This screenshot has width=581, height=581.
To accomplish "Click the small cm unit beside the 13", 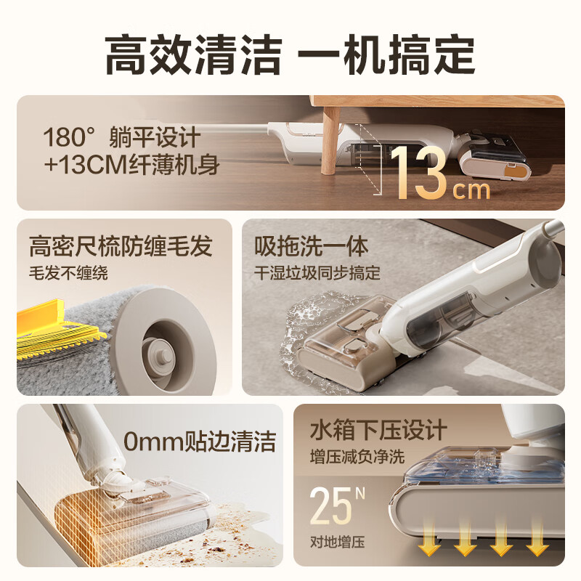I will click(x=471, y=190).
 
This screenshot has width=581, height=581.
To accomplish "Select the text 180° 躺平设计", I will click(x=121, y=138).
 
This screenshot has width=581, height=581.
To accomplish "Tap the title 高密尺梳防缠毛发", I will click(x=121, y=246).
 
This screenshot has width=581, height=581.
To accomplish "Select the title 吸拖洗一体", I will click(x=312, y=246).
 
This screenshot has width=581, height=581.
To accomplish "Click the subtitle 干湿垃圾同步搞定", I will click(x=317, y=274).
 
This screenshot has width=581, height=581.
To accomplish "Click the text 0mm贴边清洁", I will click(x=200, y=440).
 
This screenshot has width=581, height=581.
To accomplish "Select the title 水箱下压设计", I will click(x=378, y=430).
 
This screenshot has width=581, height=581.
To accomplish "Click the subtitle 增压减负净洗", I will click(x=357, y=457).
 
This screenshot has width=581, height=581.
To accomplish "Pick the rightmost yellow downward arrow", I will click(x=537, y=543).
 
